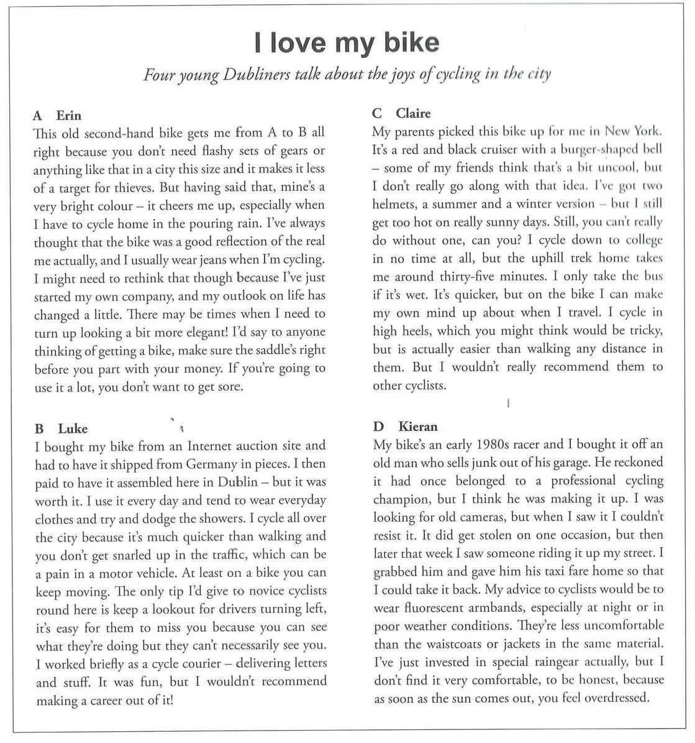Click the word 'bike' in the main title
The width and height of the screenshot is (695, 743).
[411, 42]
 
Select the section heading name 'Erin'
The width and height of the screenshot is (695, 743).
[68, 116]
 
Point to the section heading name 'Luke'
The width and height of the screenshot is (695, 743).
[73, 429]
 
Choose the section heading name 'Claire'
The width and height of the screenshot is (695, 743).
[413, 113]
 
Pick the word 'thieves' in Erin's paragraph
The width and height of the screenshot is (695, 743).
[117, 188]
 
